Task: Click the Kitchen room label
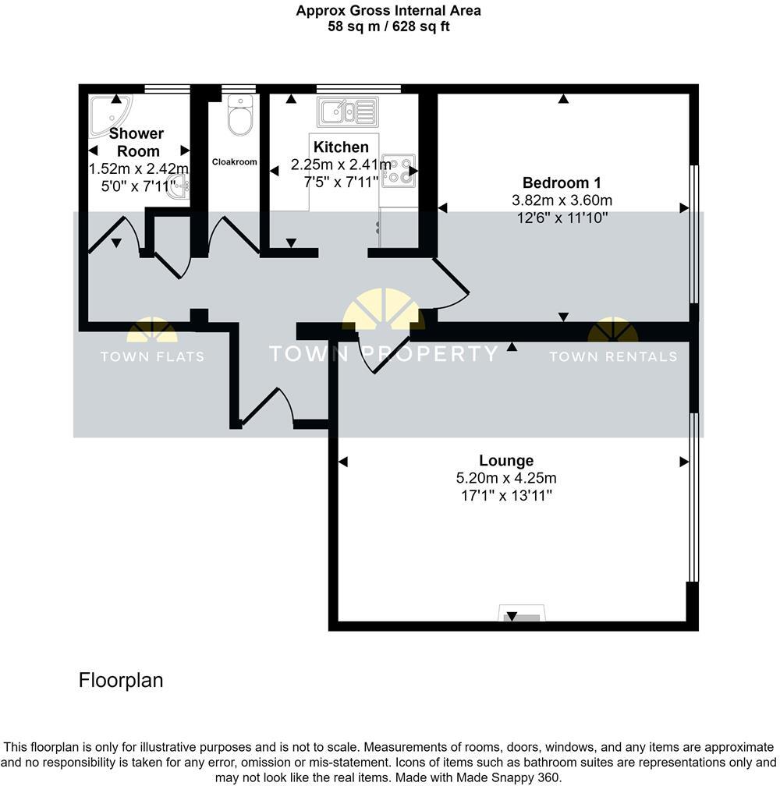[x=341, y=147]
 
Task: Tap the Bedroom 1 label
[x=562, y=183]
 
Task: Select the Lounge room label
[x=506, y=461]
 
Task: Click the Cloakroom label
[x=235, y=162]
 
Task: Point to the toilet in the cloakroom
[x=240, y=115]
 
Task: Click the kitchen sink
[x=348, y=112]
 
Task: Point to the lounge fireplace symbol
[x=522, y=615]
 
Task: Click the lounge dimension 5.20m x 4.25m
[x=506, y=478]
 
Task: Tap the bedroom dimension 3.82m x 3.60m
[x=562, y=200]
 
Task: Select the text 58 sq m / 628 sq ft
[x=388, y=27]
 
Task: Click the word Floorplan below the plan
[x=121, y=680]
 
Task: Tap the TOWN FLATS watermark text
[x=152, y=357]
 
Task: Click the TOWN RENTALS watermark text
[x=613, y=357]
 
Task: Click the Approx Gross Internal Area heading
[x=388, y=11]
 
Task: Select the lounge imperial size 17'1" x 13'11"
[x=506, y=495]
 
